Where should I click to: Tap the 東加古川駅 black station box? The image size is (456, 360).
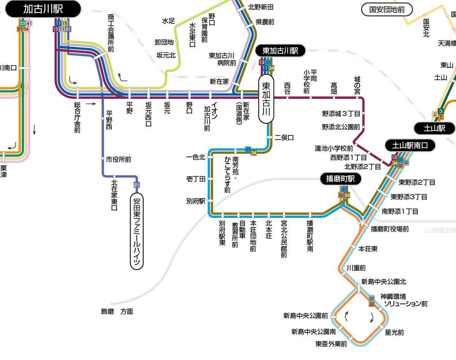[x=280, y=51]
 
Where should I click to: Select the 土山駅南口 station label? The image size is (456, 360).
[x=410, y=146]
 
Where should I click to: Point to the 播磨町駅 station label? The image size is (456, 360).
[x=341, y=179]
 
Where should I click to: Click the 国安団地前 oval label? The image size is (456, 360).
[x=387, y=10]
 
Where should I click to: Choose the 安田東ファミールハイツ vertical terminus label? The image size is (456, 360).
[x=137, y=231]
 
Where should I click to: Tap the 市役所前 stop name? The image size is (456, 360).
[x=118, y=160]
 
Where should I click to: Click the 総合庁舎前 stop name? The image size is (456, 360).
[x=77, y=117]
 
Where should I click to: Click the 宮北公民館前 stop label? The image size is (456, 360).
[x=284, y=239]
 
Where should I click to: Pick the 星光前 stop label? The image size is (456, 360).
[x=395, y=332]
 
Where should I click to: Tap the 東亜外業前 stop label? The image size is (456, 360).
[x=331, y=344]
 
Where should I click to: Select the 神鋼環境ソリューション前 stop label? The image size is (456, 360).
[x=404, y=300]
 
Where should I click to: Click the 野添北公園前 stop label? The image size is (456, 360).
[x=341, y=127]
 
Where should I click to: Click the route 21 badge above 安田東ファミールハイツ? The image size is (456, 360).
[x=137, y=185]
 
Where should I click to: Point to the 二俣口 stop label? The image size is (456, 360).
[x=284, y=138]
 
